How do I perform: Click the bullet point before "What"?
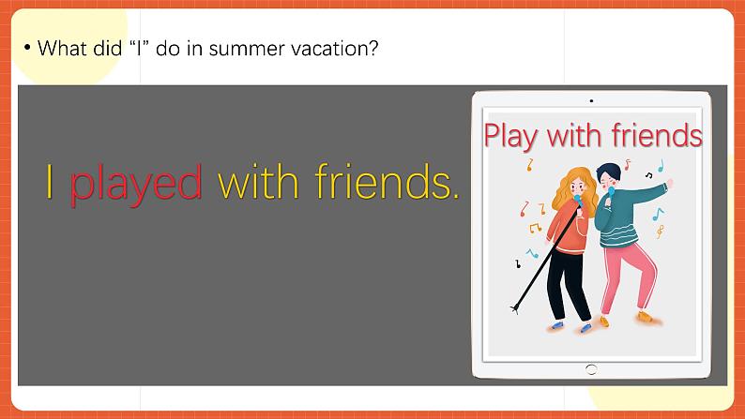27,48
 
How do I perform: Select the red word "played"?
136,184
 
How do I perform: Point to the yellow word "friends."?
388,181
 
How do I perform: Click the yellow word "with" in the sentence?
258,181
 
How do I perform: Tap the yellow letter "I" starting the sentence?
50,181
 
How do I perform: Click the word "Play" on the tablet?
510,136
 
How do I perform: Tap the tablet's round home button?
591,369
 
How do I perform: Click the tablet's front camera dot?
591,100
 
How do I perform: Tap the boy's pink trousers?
628,277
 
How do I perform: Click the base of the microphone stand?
514,309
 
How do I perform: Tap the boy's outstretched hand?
670,183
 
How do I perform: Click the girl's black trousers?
568,285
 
